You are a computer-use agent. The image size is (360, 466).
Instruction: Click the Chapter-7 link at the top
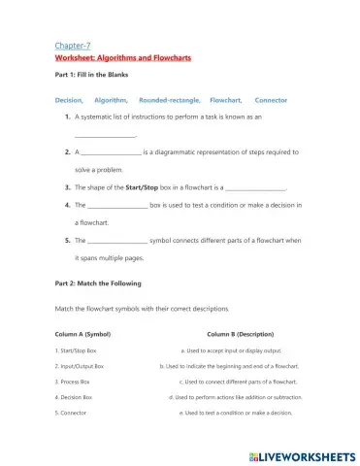pos(74,46)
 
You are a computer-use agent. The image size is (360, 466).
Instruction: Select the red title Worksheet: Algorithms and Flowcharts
pos(123,57)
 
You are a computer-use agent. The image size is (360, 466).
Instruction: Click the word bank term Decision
pos(69,99)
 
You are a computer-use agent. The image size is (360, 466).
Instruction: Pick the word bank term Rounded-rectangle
pos(170,99)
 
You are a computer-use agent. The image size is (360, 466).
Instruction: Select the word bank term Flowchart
pos(225,99)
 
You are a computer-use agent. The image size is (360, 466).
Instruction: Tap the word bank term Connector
pos(271,99)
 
